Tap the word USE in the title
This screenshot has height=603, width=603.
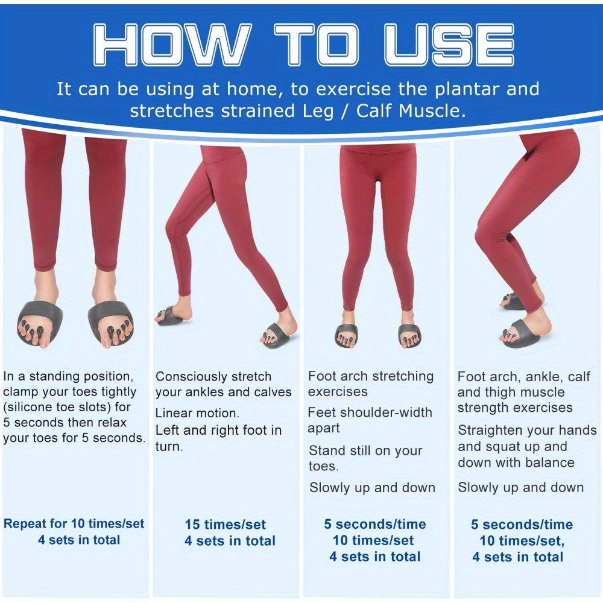pos(449,44)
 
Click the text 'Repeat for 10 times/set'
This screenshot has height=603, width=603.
pos(74,523)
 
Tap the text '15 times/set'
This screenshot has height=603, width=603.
pos(226,524)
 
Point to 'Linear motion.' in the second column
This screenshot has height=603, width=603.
pos(197,413)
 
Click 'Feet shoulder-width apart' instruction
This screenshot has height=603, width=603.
pos(370,420)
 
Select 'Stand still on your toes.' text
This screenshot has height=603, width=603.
pos(365,458)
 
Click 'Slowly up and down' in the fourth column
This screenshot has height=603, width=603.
pos(521,487)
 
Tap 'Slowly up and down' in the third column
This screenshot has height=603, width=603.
pos(372,487)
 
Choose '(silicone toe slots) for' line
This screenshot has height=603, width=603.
pos(67,407)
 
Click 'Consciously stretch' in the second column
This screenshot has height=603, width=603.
pos(213,376)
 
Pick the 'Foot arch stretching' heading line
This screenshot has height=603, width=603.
pos(371,376)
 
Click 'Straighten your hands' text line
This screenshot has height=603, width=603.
pos(527,430)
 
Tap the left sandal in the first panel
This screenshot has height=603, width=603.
pos(40,322)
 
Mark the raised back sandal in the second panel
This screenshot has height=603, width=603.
pos(169,316)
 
